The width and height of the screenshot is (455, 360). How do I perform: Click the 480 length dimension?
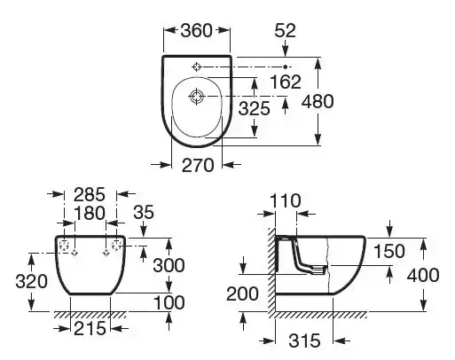[x=342, y=101]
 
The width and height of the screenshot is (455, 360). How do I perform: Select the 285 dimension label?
[x=91, y=194]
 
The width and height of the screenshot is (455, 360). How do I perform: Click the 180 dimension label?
[x=91, y=214]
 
